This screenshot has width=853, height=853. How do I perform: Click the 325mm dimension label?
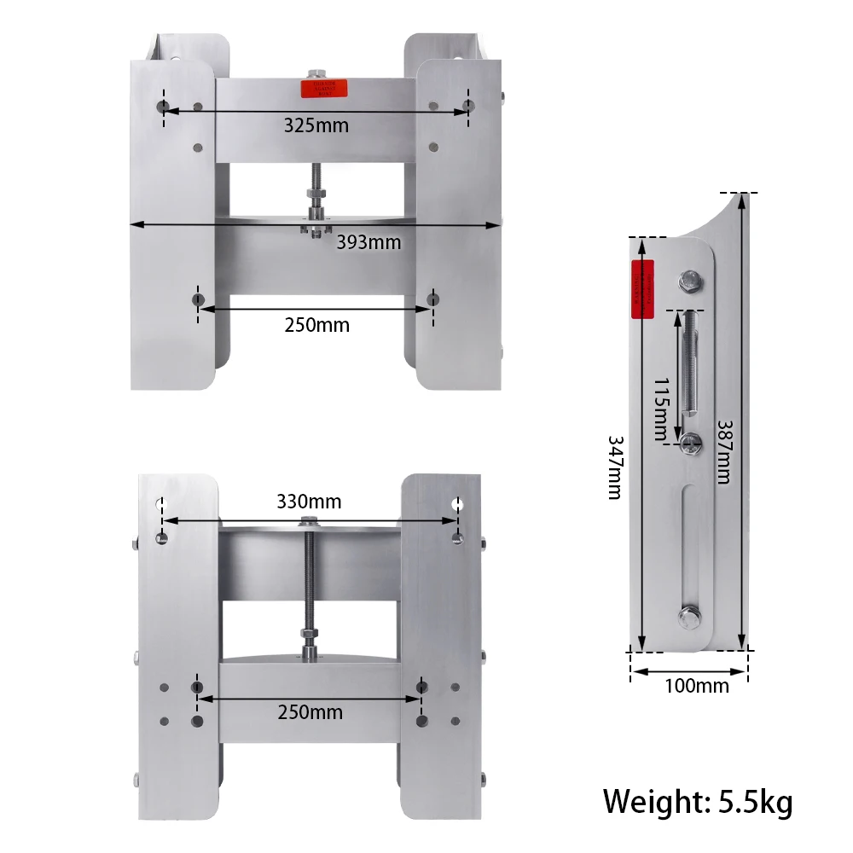pyautogui.click(x=316, y=125)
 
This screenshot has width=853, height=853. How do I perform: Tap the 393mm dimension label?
pyautogui.click(x=368, y=241)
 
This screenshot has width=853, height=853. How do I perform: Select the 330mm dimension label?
pyautogui.click(x=308, y=502)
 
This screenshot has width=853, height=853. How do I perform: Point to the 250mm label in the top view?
pyautogui.click(x=316, y=325)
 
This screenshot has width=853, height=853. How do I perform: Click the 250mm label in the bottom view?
pyautogui.click(x=310, y=712)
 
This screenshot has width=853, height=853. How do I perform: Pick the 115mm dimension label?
pyautogui.click(x=661, y=409)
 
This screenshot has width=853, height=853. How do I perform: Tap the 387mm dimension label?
pyautogui.click(x=723, y=451)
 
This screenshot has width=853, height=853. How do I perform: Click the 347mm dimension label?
pyautogui.click(x=615, y=467)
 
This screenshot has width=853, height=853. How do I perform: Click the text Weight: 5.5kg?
pyautogui.click(x=698, y=802)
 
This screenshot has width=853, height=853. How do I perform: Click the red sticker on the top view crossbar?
pyautogui.click(x=325, y=89)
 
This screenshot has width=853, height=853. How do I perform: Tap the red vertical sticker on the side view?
pyautogui.click(x=641, y=289)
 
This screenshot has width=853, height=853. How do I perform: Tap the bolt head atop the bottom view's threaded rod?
pyautogui.click(x=308, y=521)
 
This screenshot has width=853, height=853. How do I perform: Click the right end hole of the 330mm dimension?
pyautogui.click(x=458, y=504)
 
